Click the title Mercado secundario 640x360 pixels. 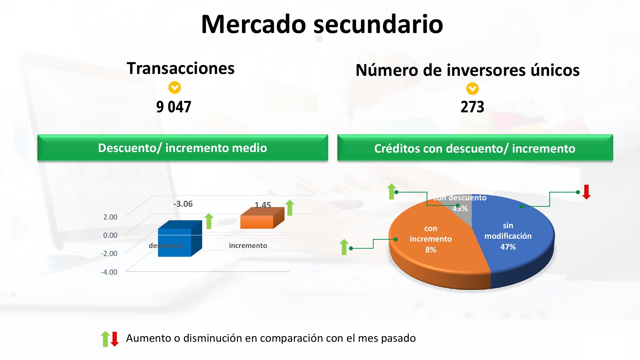click(322, 24)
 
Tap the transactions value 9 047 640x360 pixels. click(174, 107)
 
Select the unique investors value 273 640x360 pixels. click(472, 107)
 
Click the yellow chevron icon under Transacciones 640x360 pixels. click(175, 87)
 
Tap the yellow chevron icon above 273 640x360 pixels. click(472, 89)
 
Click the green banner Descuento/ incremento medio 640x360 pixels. click(183, 148)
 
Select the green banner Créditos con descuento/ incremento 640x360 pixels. click(475, 148)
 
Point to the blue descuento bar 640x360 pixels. click(180, 239)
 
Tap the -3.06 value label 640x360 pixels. click(183, 204)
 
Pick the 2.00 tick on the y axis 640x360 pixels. click(110, 217)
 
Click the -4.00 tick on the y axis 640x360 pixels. click(109, 272)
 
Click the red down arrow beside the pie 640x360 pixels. click(586, 192)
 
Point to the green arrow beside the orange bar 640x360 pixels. click(290, 207)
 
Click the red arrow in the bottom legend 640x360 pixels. click(115, 339)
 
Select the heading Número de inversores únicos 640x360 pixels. click(468, 70)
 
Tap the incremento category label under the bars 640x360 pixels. click(248, 245)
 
